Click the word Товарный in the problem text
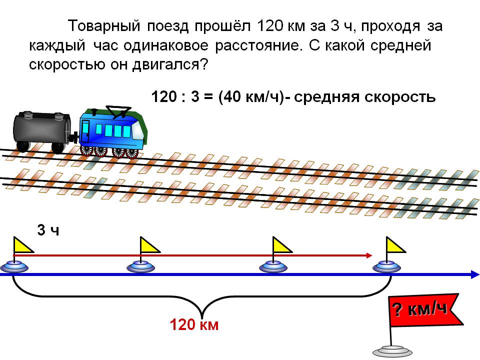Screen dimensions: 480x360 tap(104, 26)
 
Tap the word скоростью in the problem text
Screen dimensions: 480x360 tap(66, 64)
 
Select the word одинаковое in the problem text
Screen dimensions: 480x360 tap(166, 45)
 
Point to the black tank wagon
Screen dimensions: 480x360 tap(42, 131)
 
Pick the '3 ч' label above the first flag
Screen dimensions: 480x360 tap(48, 230)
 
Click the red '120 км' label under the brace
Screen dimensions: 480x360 tap(194, 325)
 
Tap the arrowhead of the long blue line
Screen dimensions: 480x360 tap(475, 274)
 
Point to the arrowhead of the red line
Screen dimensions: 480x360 tap(369, 255)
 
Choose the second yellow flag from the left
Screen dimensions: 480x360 tap(149, 245)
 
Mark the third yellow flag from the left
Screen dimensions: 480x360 tap(282, 245)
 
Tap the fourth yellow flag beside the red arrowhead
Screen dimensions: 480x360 tap(395, 245)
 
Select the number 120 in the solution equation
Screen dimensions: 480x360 tap(164, 97)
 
